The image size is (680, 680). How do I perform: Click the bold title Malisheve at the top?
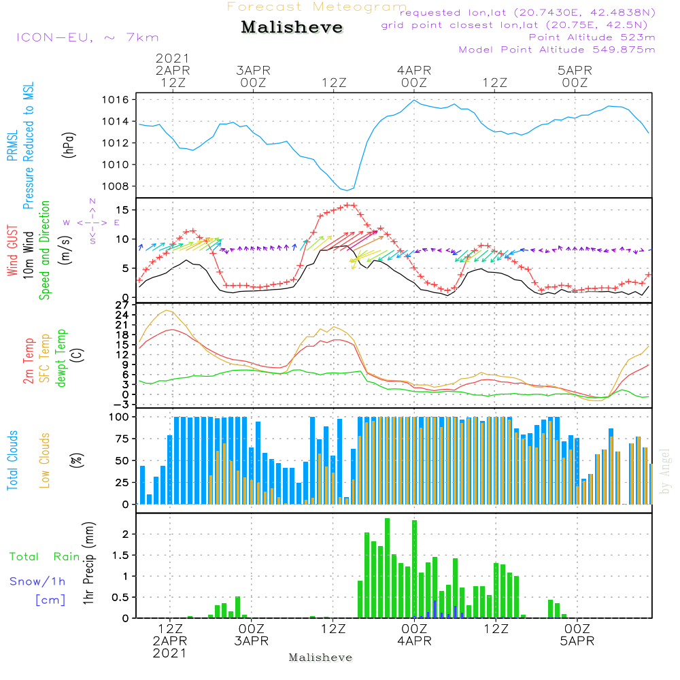coord(292,28)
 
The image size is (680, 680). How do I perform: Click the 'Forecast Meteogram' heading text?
coord(317,7)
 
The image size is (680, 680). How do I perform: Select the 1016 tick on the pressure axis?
coord(119,100)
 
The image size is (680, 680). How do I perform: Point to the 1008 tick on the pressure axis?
coord(119,186)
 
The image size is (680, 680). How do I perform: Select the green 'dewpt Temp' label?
coord(61,358)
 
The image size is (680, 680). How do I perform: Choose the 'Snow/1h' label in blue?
coord(38,581)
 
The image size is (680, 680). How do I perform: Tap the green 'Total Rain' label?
coord(44,557)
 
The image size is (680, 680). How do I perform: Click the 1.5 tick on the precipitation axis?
coord(121,556)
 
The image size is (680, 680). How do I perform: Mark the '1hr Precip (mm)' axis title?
coord(88,564)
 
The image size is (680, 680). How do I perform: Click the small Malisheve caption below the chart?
coord(321,658)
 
